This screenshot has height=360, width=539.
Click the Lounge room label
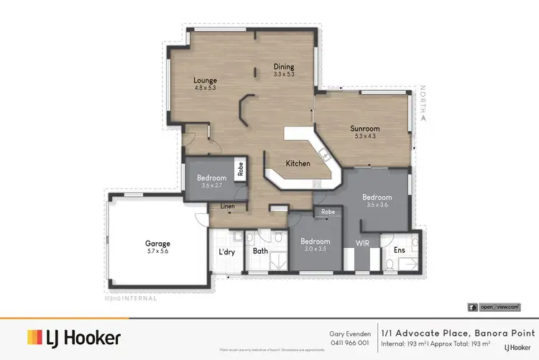tap(205, 80)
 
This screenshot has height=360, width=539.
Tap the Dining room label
tap(284, 66)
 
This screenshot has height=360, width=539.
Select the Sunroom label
tap(364, 129)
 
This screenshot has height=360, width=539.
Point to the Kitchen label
tap(298, 163)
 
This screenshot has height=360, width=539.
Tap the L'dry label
tap(227, 251)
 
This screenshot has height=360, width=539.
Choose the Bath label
tap(260, 251)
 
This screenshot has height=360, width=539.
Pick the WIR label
tap(363, 243)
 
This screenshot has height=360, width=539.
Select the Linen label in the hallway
tap(227, 207)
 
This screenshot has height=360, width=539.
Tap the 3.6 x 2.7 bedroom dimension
tap(212, 185)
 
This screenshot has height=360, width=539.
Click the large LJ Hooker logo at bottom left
tap(74, 338)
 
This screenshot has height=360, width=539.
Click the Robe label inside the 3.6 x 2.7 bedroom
tap(241, 170)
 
